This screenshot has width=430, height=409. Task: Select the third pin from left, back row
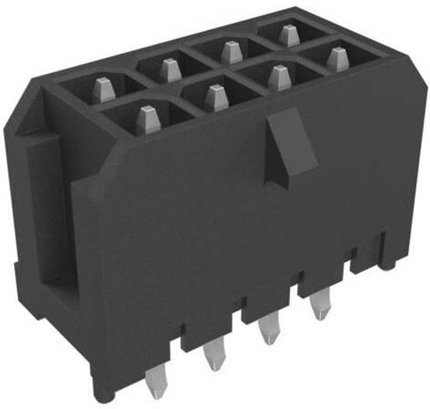click(229, 52)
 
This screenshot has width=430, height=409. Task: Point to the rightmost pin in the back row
click(289, 35)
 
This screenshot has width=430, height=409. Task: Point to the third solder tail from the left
click(269, 330)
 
